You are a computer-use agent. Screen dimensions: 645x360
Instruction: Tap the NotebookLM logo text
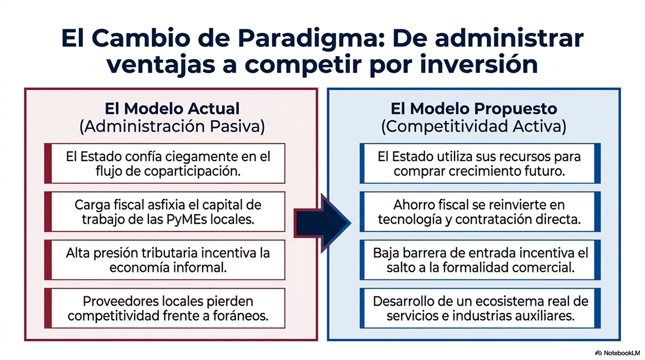pyautogui.click(x=620, y=353)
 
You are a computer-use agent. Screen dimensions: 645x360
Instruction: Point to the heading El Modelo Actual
pyautogui.click(x=172, y=108)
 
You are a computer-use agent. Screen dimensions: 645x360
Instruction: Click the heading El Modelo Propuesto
pyautogui.click(x=474, y=108)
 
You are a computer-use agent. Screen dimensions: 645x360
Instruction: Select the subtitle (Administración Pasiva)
pyautogui.click(x=172, y=127)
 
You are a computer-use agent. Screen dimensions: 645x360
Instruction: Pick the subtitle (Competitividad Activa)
pyautogui.click(x=474, y=127)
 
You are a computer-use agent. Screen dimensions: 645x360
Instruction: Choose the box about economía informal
pyautogui.click(x=165, y=260)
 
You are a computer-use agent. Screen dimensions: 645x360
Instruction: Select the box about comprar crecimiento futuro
pyautogui.click(x=480, y=163)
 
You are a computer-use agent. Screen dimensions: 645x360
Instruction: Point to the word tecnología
pyautogui.click(x=410, y=220)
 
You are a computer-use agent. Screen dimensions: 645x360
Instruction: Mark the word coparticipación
pyautogui.click(x=192, y=172)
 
